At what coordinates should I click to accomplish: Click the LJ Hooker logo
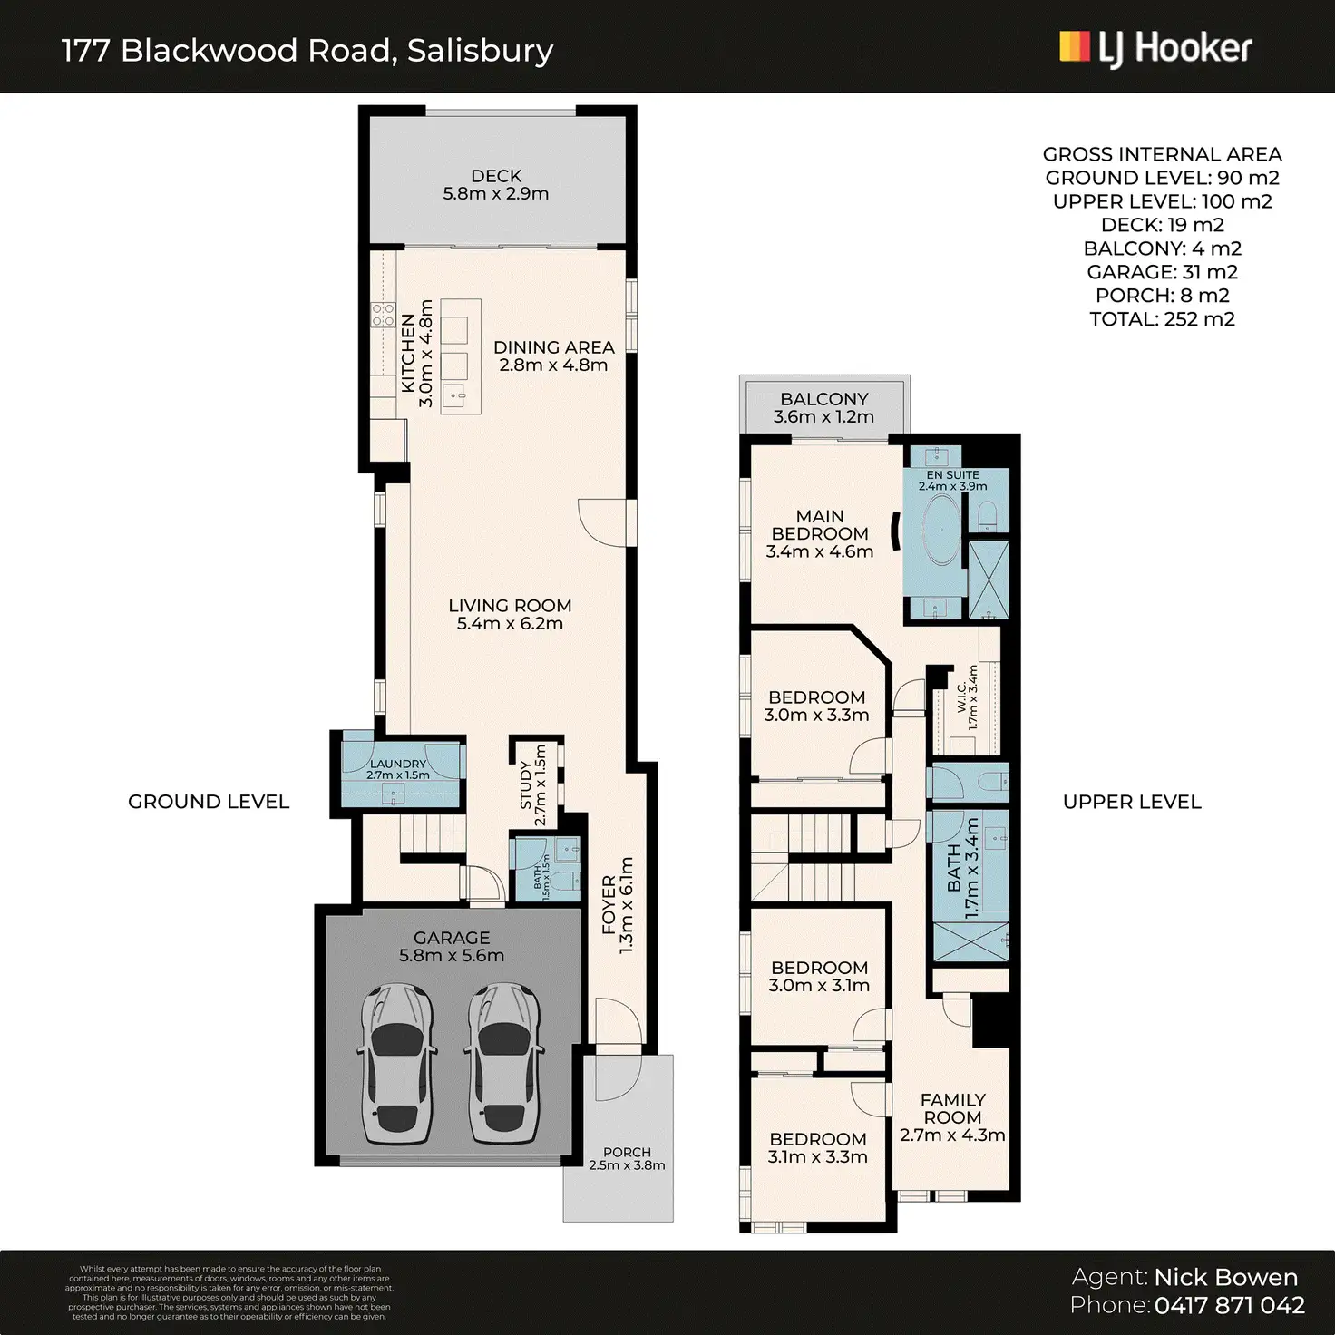click(x=1155, y=48)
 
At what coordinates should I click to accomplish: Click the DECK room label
click(x=496, y=176)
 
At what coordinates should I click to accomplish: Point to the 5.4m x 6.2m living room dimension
click(x=510, y=624)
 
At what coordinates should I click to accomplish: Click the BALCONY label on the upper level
click(x=823, y=399)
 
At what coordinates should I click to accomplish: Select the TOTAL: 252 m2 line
click(x=1162, y=319)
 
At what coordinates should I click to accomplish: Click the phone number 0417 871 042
click(x=1230, y=1306)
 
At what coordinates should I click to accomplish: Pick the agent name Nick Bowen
click(x=1225, y=1278)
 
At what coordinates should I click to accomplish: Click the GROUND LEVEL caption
click(x=209, y=802)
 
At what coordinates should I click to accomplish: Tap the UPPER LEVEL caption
click(x=1132, y=802)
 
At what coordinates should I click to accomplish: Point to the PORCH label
click(x=627, y=1153)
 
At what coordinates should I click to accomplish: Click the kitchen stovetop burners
click(x=383, y=315)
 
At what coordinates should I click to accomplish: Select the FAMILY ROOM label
click(x=952, y=1108)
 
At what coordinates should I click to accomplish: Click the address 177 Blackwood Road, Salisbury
click(x=307, y=51)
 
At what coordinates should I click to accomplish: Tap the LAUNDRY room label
click(x=397, y=764)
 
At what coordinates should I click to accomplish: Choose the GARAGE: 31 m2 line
click(x=1162, y=272)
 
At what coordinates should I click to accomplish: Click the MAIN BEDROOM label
click(x=820, y=525)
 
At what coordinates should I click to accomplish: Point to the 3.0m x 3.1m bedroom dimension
click(x=819, y=986)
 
